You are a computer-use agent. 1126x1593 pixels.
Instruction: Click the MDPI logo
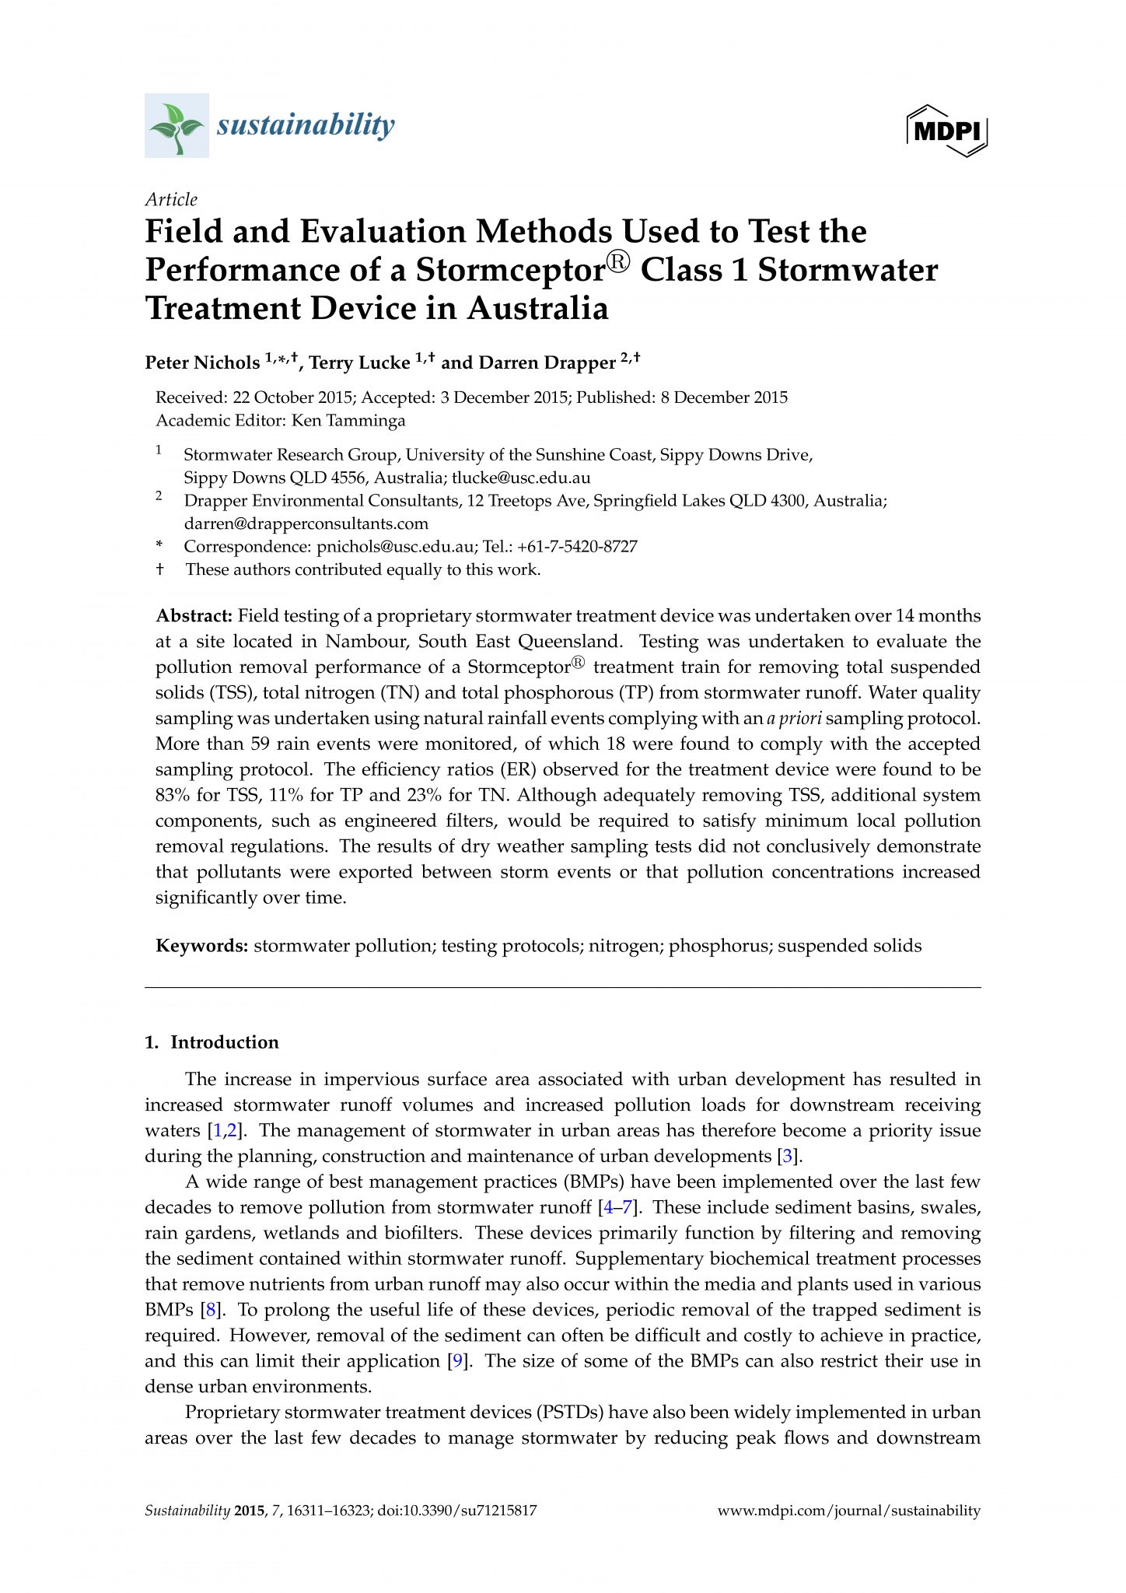coord(946,131)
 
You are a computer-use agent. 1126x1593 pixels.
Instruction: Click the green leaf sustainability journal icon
coord(177,125)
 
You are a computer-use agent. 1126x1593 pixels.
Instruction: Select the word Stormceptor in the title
coord(510,270)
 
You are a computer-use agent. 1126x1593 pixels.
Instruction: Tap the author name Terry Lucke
coord(359,362)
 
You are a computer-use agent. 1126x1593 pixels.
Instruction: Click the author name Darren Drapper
coord(547,362)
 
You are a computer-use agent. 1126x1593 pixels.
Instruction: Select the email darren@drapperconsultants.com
coord(306,523)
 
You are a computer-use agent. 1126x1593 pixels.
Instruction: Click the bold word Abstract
coord(194,616)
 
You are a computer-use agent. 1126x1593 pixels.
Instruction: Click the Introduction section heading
coord(225,1042)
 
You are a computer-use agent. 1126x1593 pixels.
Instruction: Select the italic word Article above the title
coord(171,199)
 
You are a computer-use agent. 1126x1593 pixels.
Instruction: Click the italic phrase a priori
coord(793,718)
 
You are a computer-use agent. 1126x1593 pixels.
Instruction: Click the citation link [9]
coord(459,1361)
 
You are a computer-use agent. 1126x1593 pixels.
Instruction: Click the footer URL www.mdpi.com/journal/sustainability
coord(848,1511)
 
